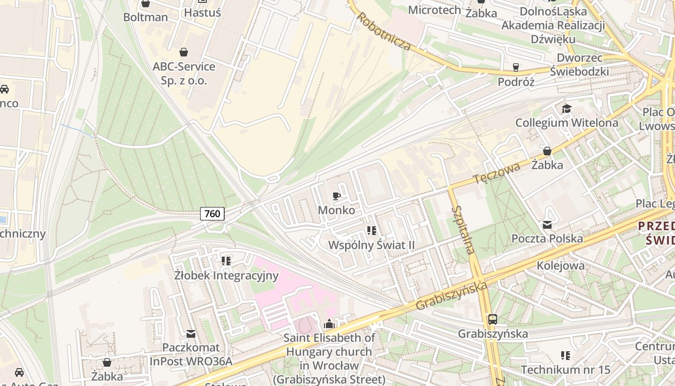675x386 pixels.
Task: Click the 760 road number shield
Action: [212, 213]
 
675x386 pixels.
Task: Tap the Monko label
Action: [337, 210]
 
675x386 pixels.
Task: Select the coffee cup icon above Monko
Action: [337, 196]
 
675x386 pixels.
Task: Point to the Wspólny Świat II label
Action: [371, 245]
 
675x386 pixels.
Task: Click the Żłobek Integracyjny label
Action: [226, 276]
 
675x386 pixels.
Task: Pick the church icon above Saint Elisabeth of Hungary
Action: [329, 323]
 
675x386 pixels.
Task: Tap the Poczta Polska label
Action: [547, 238]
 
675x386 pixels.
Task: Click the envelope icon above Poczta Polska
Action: [547, 224]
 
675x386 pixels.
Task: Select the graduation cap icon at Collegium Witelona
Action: [567, 109]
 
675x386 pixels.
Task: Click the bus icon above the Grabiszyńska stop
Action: [492, 319]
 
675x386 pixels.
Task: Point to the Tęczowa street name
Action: [497, 173]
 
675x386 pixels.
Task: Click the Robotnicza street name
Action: [384, 31]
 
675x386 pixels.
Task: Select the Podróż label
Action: [516, 82]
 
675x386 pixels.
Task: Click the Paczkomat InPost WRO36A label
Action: [191, 354]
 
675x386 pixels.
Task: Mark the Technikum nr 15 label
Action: [566, 370]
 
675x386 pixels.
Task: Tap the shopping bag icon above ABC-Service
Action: [184, 52]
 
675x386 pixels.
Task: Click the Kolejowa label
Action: [561, 265]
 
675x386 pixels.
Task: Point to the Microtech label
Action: [434, 10]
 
